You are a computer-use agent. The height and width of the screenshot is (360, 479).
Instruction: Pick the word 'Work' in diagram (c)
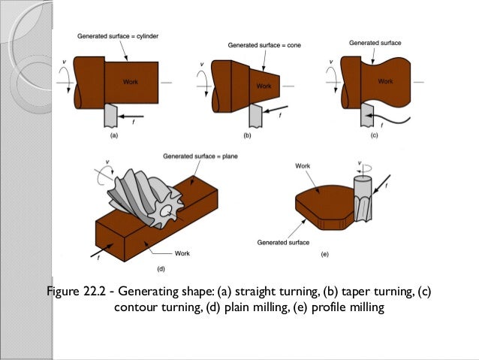[384, 80]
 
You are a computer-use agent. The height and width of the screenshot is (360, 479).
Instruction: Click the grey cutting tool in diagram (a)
[113, 116]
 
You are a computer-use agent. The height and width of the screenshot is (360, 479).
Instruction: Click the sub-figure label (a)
[114, 137]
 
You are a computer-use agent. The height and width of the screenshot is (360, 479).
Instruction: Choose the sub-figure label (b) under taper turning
[248, 137]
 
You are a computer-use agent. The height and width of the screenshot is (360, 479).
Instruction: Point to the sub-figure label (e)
[324, 255]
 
